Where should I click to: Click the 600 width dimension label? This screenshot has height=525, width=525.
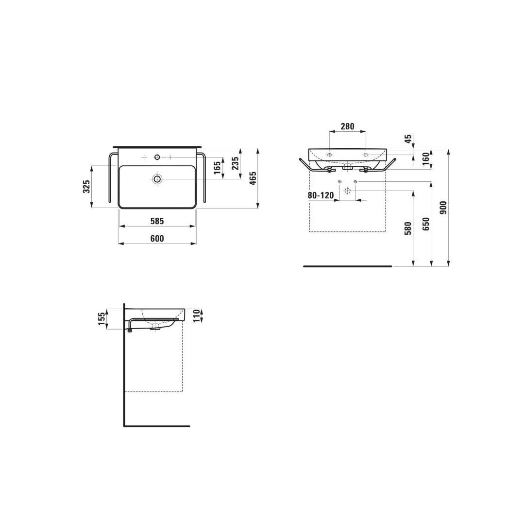[x=157, y=238]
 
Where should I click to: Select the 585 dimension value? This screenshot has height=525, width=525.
[x=157, y=221]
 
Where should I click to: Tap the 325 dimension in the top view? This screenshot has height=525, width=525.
[x=86, y=187]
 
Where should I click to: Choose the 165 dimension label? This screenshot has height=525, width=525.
[x=218, y=168]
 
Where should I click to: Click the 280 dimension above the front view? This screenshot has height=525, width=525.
[x=347, y=126]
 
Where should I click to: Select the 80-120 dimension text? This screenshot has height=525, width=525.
[x=321, y=195]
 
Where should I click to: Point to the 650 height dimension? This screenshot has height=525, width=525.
[x=426, y=224]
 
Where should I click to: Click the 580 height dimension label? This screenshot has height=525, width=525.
[x=408, y=228]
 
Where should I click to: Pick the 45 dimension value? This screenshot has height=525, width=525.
[x=408, y=140]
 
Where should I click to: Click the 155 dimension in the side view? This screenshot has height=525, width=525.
[x=102, y=319]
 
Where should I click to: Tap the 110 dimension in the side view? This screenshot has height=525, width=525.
[x=197, y=315]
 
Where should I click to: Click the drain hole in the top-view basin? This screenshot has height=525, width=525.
[x=157, y=179]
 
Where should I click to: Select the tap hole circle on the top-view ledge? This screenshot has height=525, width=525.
[x=157, y=157]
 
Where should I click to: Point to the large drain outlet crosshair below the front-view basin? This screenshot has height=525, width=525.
[x=347, y=191]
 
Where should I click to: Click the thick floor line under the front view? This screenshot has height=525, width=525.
[x=347, y=266]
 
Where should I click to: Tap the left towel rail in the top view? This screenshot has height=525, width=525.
[x=111, y=177]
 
